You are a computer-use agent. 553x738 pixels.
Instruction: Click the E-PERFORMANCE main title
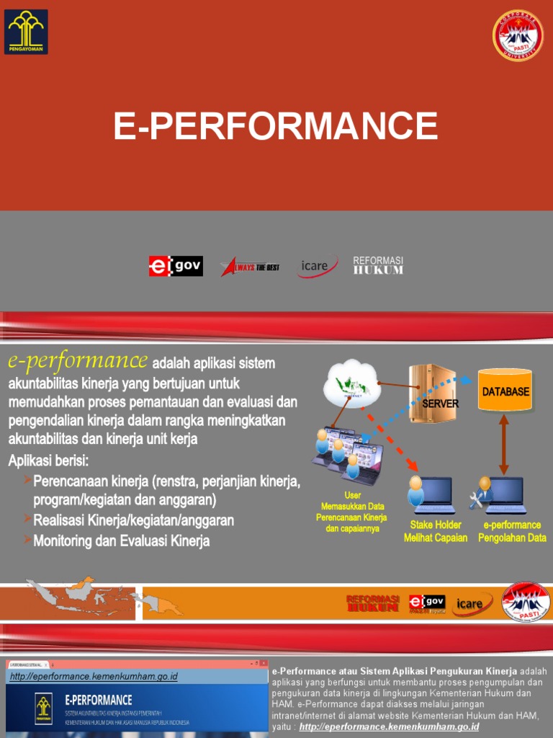[276, 126]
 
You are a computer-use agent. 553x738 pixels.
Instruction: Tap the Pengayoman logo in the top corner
[26, 32]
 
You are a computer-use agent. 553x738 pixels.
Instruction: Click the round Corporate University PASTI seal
[517, 35]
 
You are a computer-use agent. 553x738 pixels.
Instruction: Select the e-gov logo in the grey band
[176, 266]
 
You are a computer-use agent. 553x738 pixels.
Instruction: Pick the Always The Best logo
[250, 267]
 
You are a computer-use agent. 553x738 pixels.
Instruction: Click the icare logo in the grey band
[318, 267]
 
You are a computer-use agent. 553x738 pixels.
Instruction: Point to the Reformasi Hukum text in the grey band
[378, 265]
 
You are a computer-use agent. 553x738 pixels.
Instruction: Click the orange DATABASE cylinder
[505, 390]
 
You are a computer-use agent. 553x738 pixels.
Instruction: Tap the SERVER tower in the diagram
[432, 394]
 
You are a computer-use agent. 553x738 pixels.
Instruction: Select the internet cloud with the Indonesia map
[351, 383]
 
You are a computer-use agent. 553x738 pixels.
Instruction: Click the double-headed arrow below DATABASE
[504, 443]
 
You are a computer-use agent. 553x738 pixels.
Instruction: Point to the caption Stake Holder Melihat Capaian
[436, 532]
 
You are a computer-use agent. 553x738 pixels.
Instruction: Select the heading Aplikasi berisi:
[53, 461]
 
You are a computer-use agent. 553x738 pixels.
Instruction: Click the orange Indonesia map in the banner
[101, 597]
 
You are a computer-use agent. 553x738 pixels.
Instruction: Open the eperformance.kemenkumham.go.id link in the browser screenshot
[94, 677]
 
